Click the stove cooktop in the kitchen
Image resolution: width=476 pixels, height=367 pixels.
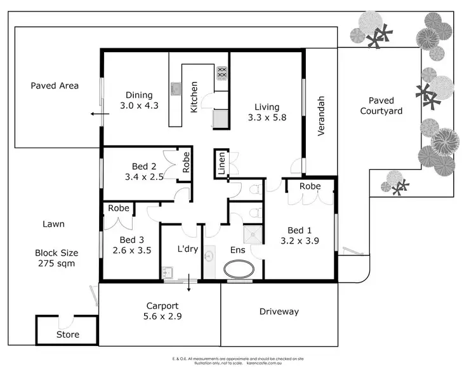pyautogui.click(x=223, y=74)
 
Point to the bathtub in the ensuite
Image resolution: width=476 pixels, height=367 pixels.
pyautogui.click(x=239, y=268)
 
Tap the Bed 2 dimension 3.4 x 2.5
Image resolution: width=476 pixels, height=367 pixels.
pyautogui.click(x=143, y=177)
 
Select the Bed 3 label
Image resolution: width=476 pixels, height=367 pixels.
pyautogui.click(x=132, y=240)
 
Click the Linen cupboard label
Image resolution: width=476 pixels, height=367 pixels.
pyautogui.click(x=221, y=165)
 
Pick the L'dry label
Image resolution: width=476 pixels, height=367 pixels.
pyautogui.click(x=188, y=249)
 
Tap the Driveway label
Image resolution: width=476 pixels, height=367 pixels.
pyautogui.click(x=279, y=312)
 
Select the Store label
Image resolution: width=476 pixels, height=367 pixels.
pyautogui.click(x=68, y=335)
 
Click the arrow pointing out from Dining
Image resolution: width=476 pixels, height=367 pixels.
pyautogui.click(x=97, y=114)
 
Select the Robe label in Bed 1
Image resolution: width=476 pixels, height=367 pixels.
pyautogui.click(x=310, y=186)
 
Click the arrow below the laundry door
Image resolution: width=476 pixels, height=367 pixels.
pyautogui.click(x=188, y=286)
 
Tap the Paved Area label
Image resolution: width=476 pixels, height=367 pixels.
pyautogui.click(x=55, y=85)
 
